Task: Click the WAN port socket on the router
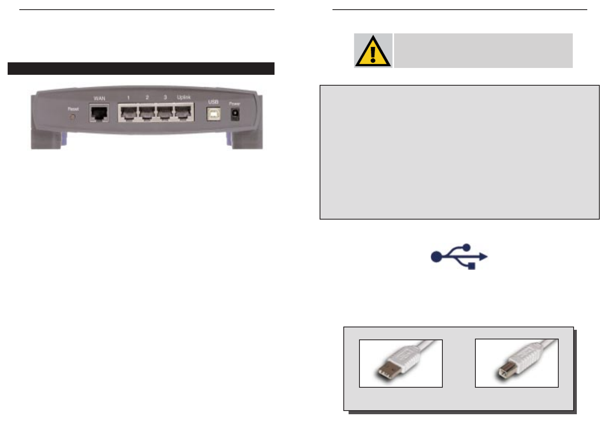point(99,113)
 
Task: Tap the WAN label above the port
point(99,99)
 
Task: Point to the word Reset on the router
point(73,109)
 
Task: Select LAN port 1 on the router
point(128,113)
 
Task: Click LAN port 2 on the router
point(147,113)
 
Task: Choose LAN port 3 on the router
point(165,113)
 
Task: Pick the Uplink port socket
point(184,113)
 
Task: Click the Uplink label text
point(184,97)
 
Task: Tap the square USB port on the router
point(213,114)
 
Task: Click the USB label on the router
point(213,102)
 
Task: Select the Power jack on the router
point(235,115)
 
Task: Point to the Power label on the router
point(235,104)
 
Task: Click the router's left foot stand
point(46,140)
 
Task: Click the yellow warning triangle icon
point(373,51)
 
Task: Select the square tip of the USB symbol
point(472,266)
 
